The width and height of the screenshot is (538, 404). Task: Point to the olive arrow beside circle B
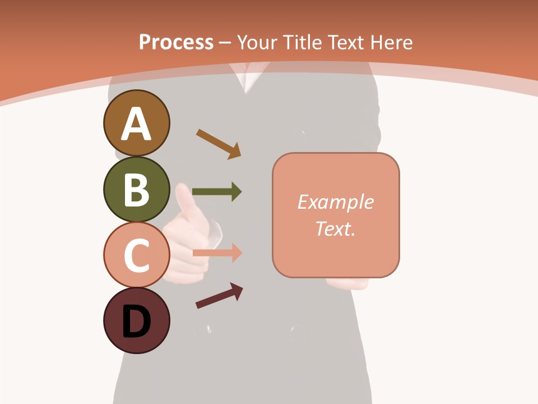(216, 192)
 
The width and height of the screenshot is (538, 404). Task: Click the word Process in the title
(176, 43)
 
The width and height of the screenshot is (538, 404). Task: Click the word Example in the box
(335, 202)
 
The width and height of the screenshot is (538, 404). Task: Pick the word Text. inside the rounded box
(335, 229)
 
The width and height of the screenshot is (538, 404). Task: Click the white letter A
(137, 125)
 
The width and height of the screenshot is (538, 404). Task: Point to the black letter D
(137, 322)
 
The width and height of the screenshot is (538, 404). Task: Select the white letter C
(137, 255)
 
